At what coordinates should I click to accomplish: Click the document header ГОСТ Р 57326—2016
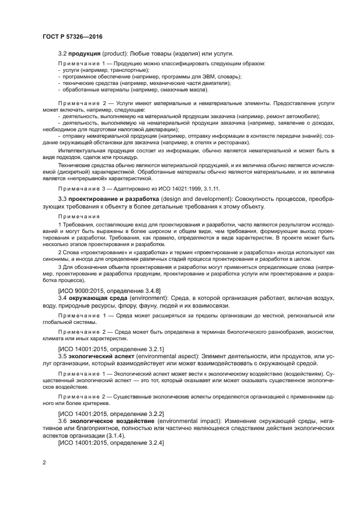(x=72, y=36)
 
